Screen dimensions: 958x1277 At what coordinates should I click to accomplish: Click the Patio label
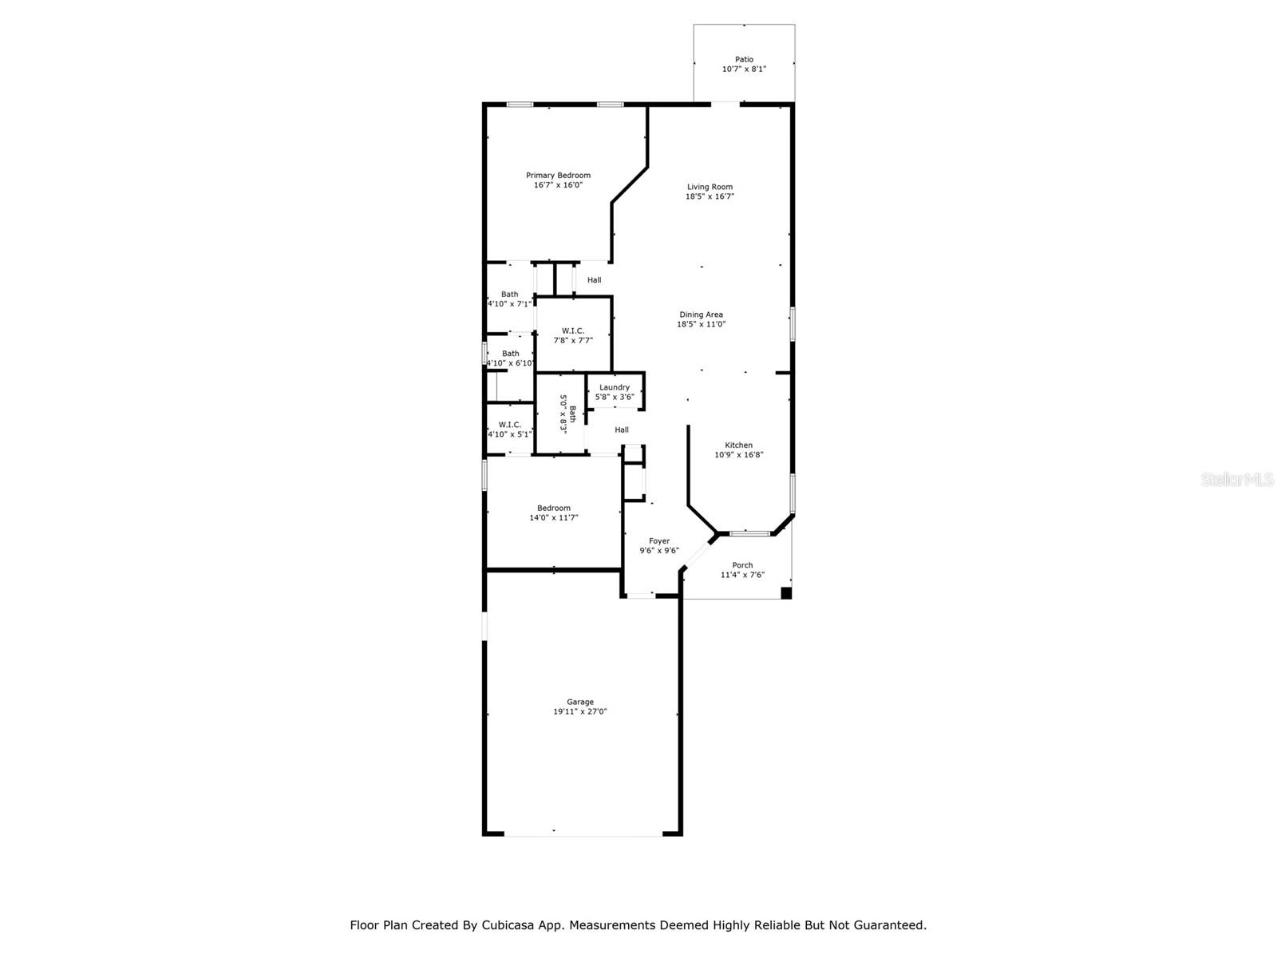744,59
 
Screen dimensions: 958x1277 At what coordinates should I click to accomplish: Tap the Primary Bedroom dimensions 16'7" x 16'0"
558,185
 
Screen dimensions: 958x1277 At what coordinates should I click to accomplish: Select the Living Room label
710,187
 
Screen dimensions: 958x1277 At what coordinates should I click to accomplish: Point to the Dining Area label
701,315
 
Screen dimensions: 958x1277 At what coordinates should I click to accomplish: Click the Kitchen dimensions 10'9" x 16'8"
738,455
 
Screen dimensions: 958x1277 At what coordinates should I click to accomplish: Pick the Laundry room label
615,387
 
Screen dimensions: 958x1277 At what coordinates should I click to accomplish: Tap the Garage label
580,702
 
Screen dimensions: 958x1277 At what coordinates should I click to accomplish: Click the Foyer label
659,541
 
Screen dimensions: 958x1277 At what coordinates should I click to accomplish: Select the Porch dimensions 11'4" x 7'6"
742,575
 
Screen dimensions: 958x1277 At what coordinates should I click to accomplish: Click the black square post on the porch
785,592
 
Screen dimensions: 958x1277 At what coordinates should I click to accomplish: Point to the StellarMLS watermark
1236,480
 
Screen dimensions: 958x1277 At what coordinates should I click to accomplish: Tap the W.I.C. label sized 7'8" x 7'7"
573,331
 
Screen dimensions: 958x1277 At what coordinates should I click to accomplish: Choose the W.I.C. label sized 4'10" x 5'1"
509,425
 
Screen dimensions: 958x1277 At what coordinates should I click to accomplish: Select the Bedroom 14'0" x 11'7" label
553,509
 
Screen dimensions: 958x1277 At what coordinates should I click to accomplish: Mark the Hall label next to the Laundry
622,430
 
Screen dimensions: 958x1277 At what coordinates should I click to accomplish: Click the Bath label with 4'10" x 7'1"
509,295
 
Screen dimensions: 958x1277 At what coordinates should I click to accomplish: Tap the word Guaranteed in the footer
889,925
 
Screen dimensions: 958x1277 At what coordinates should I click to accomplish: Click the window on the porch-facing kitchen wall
749,532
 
